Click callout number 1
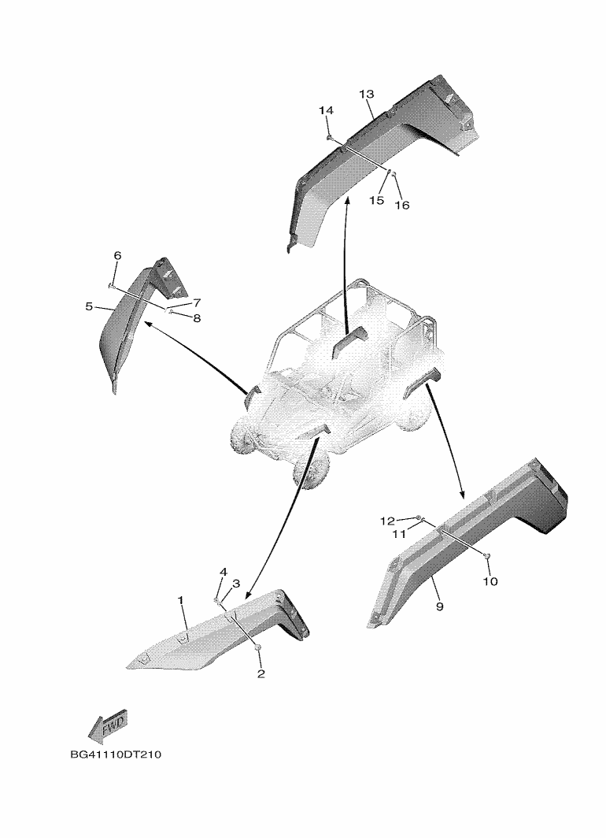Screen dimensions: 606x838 (x=181, y=600)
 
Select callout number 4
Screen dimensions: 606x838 (x=223, y=572)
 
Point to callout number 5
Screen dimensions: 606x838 (x=89, y=306)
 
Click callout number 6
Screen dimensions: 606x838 (x=117, y=256)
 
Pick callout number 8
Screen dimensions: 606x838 (x=197, y=319)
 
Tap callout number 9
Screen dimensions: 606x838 (x=439, y=606)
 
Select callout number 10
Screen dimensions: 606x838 (x=490, y=582)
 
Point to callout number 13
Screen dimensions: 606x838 (x=366, y=95)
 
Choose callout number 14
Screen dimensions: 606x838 (x=326, y=110)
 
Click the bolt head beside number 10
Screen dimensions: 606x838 (x=488, y=558)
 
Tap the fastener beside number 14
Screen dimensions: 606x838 (x=329, y=137)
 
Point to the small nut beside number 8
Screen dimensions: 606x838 (x=170, y=312)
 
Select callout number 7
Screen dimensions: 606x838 (x=197, y=302)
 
